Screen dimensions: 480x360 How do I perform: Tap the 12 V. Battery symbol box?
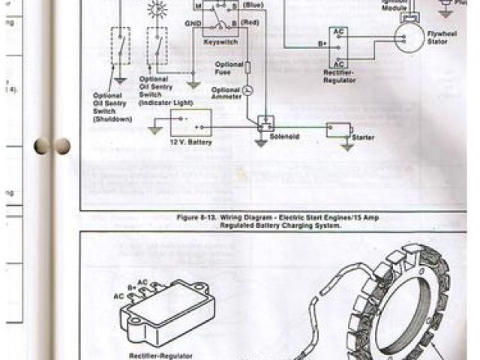(x=191, y=122)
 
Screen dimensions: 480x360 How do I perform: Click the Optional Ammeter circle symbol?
(x=249, y=90)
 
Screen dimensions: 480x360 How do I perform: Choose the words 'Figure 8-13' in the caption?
(x=197, y=217)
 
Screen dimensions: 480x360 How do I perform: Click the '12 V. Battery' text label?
(x=191, y=142)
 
